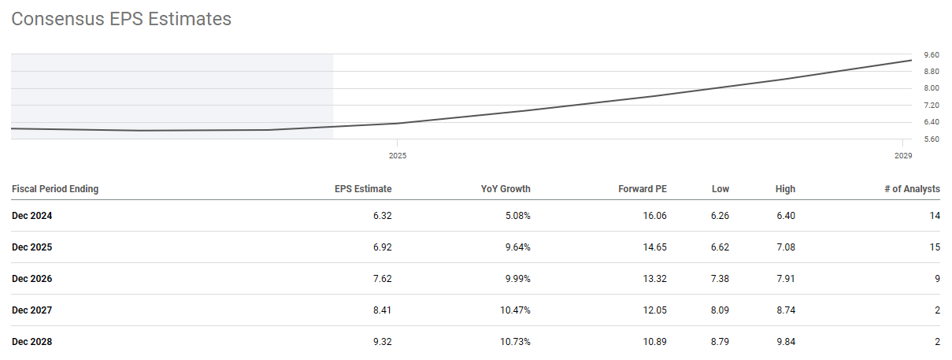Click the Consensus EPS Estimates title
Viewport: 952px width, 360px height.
coord(121,19)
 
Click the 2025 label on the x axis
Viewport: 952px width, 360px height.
coord(398,156)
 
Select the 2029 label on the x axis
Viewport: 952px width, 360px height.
coord(903,156)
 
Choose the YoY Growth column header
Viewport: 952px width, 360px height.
coord(506,189)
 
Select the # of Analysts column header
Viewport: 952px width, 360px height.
coord(912,189)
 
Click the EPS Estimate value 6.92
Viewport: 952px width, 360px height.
coord(382,247)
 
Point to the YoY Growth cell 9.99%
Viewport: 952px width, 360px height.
coord(515,279)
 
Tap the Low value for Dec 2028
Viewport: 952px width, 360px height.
coord(719,342)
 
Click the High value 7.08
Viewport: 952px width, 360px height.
coord(785,247)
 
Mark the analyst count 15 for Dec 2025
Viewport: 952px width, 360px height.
coord(935,247)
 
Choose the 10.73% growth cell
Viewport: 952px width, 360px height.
coord(513,342)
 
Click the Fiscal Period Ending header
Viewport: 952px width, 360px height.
coord(55,189)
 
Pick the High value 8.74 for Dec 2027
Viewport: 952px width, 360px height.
coord(785,310)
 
